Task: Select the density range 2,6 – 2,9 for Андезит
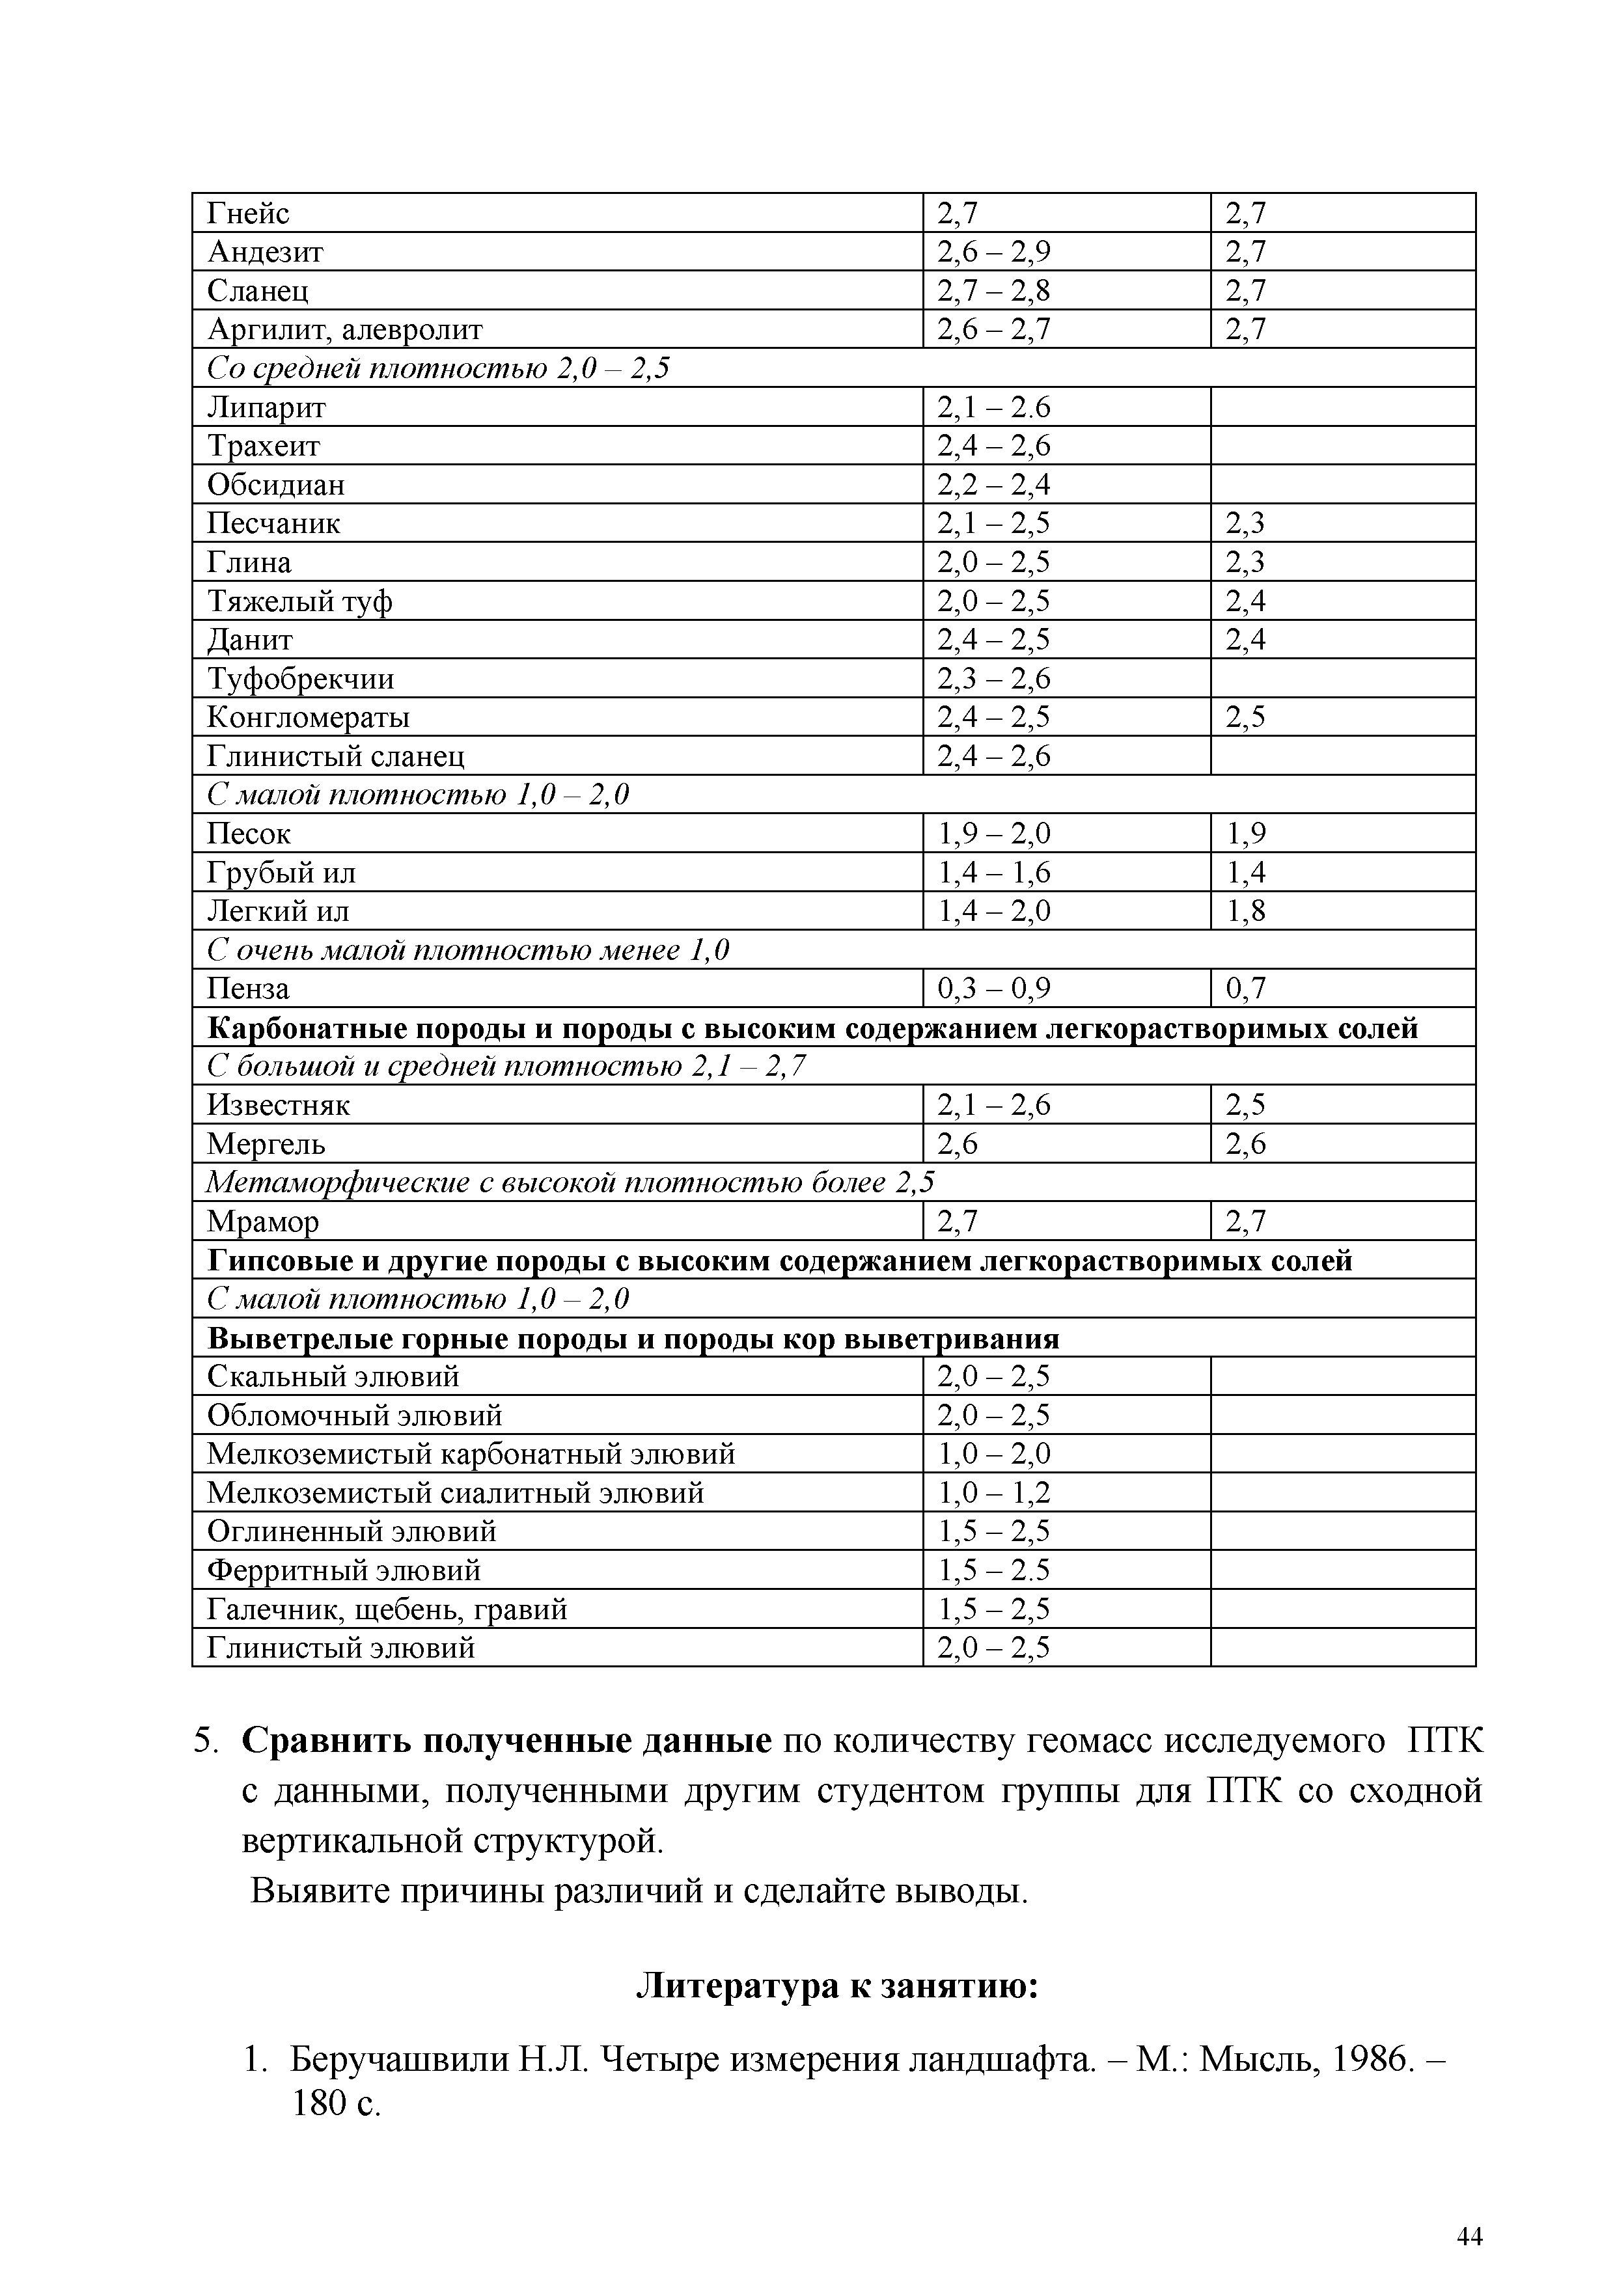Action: [x=993, y=253]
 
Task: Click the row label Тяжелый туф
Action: [x=299, y=601]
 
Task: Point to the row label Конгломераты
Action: [x=309, y=718]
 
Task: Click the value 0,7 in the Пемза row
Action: [x=1245, y=989]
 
